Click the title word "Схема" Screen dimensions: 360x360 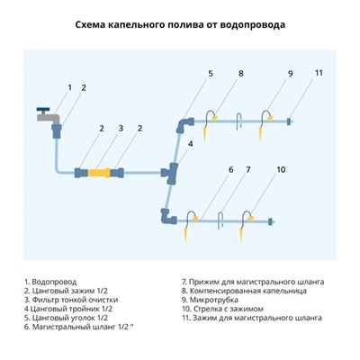point(94,24)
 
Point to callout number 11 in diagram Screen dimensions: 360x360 point(318,73)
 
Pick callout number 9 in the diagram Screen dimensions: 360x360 point(291,73)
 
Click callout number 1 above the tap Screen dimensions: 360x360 point(69,87)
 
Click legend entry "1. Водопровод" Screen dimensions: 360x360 point(52,281)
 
